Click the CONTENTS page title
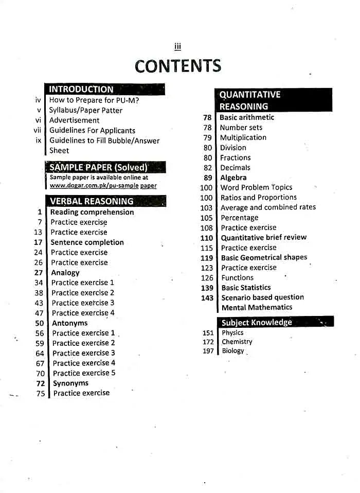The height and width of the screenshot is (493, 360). click(177, 66)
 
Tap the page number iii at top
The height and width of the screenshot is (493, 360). click(177, 47)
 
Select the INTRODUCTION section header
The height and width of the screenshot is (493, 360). click(81, 89)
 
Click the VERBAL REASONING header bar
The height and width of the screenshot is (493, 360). click(92, 201)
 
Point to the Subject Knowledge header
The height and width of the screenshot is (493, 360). click(257, 323)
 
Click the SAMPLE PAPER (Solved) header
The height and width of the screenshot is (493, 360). click(98, 167)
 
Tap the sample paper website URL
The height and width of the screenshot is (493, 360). click(103, 185)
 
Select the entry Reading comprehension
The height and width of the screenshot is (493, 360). click(92, 212)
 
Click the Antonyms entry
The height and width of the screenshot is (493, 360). click(69, 323)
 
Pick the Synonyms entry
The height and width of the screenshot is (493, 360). click(70, 383)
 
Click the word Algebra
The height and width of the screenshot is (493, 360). click(233, 178)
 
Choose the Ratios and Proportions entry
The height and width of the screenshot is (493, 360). click(259, 198)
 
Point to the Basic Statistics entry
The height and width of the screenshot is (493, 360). click(246, 288)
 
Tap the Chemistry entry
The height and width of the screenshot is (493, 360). click(237, 342)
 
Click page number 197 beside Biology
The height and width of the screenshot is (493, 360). click(208, 351)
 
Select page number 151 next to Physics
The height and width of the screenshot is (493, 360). click(208, 333)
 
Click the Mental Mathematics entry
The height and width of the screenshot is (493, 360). click(257, 307)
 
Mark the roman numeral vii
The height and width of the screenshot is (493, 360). click(38, 130)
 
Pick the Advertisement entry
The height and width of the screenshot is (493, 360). click(74, 120)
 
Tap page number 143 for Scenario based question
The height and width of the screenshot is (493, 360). click(207, 298)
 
